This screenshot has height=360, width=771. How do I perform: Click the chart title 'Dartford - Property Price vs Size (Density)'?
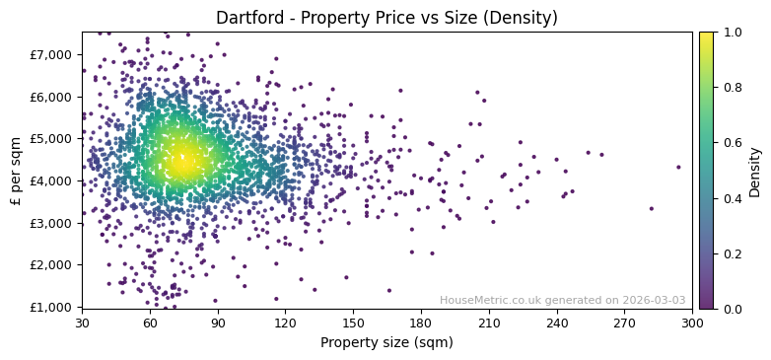pos(386,18)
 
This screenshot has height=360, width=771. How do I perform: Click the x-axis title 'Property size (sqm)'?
pos(386,343)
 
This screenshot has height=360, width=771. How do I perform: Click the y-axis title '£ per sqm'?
pos(16,170)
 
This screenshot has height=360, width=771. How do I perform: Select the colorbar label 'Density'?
pos(755,170)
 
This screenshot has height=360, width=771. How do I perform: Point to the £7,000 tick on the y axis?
pos(55,54)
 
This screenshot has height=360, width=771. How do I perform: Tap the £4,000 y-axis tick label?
pos(55,180)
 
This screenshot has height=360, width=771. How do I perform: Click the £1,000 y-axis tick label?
pos(55,307)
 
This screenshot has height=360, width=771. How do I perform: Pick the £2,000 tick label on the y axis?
pos(55,264)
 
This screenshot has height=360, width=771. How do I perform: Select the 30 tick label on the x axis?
pos(82,323)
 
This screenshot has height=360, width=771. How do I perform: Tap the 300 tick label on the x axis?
pos(692,323)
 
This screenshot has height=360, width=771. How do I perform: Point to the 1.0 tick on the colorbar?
pos(732,32)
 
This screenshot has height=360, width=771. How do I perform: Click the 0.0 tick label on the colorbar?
pos(732,309)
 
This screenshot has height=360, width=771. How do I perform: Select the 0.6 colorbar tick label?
pos(732,143)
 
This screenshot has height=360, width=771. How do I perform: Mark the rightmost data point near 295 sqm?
pos(678,167)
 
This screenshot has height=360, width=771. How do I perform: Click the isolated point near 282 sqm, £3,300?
pos(651,208)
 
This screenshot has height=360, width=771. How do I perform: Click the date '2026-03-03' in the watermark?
pos(655,300)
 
